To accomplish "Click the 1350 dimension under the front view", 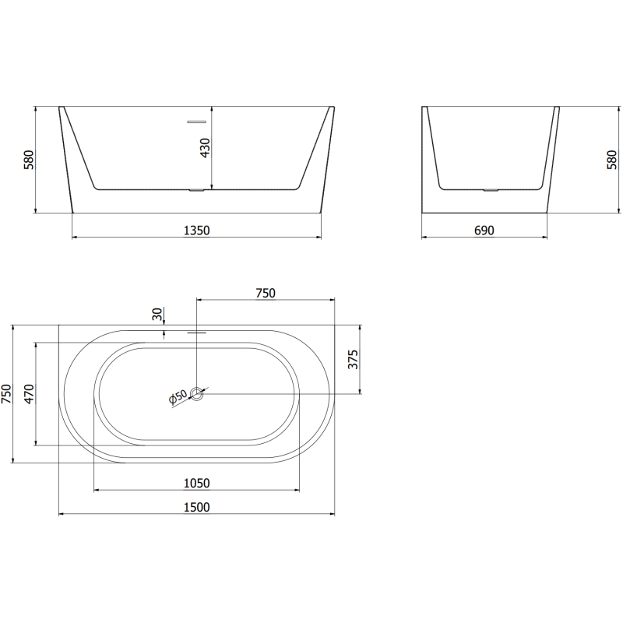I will (x=196, y=230).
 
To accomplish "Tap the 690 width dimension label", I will (x=484, y=230).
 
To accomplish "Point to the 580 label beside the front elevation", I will (x=29, y=160).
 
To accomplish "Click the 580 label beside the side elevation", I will (x=612, y=160).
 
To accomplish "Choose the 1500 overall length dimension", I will (x=198, y=507).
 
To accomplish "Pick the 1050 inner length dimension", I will (x=196, y=483).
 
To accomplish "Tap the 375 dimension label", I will (x=353, y=360).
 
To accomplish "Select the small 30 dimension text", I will (x=158, y=315).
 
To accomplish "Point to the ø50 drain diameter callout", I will (x=178, y=397).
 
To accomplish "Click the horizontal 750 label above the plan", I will (x=266, y=293).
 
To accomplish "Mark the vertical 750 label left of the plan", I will (x=7, y=394).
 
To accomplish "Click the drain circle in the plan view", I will (x=198, y=394).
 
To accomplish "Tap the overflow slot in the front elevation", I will (x=195, y=121).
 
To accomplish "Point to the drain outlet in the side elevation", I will (x=490, y=190).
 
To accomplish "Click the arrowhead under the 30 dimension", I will (x=164, y=336).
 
